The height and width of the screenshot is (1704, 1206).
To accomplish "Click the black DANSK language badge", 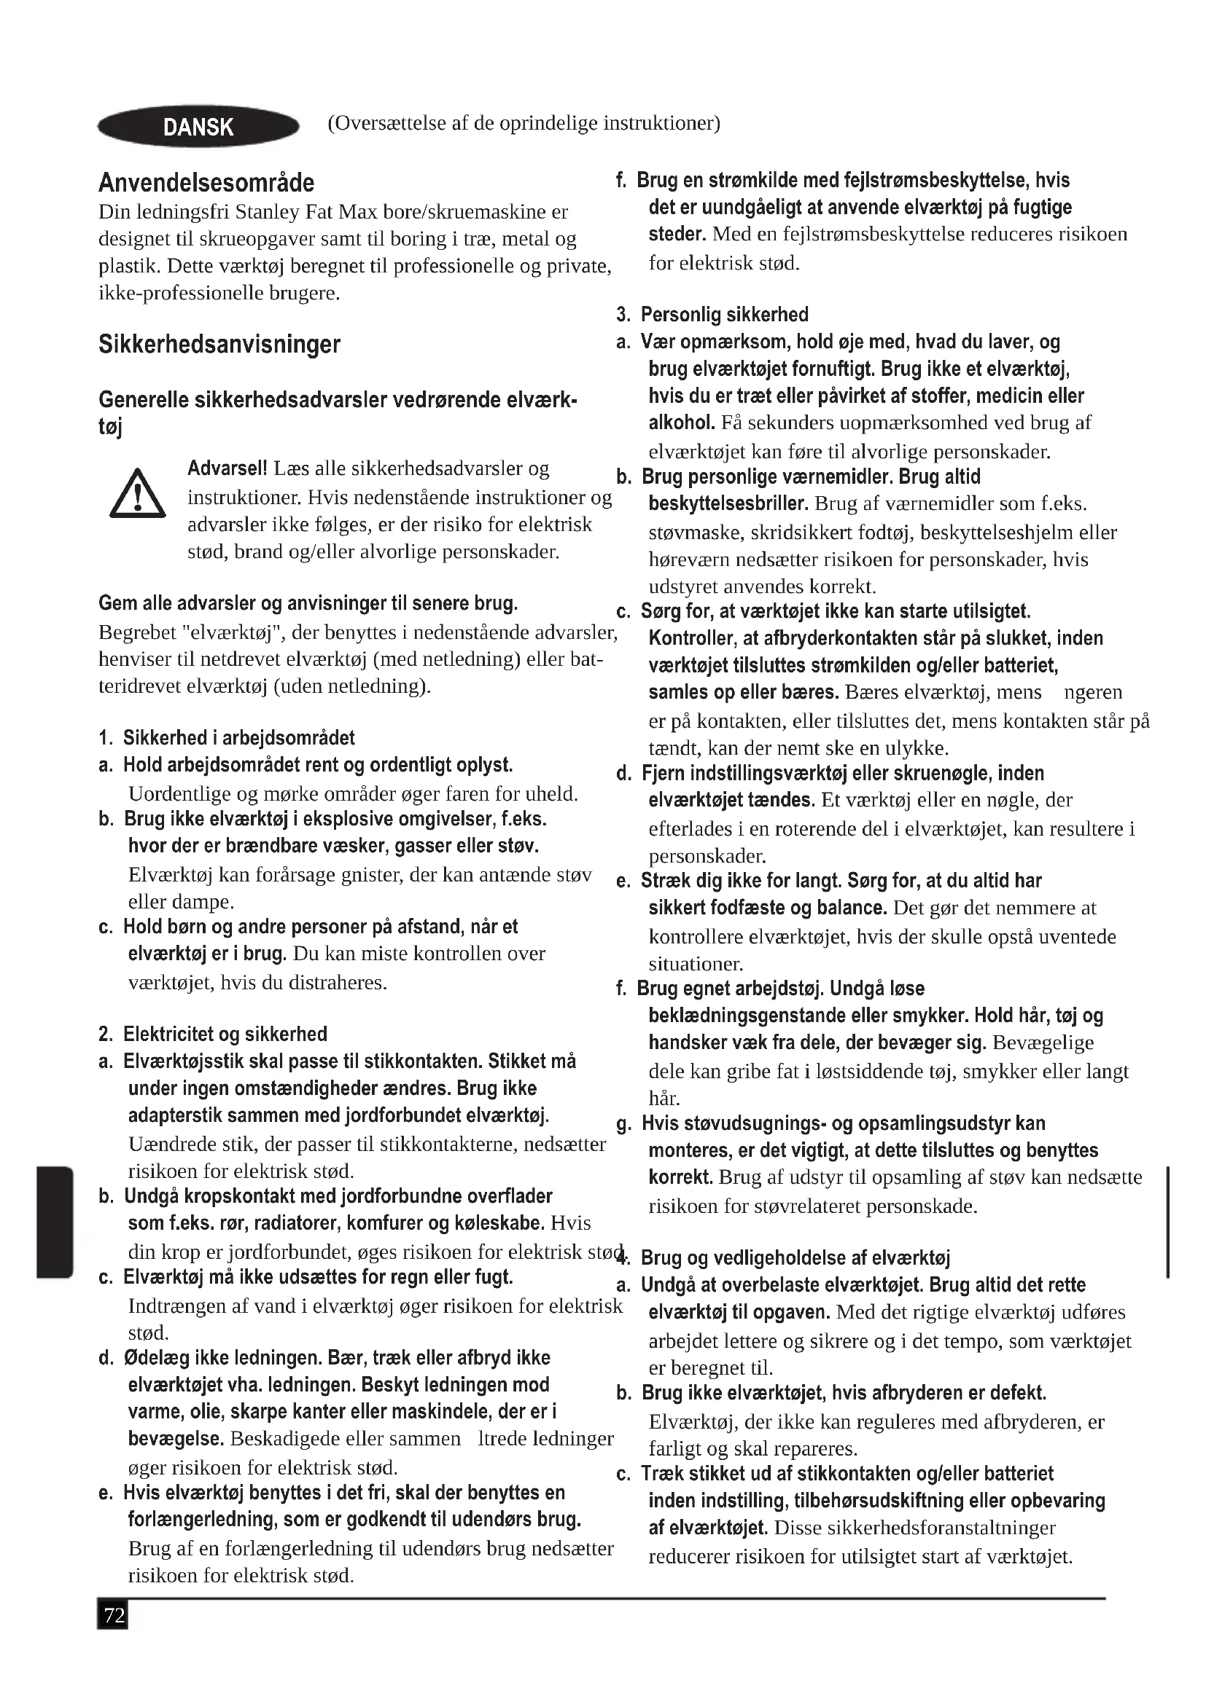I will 198,127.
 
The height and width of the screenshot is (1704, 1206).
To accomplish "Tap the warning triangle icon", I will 137,494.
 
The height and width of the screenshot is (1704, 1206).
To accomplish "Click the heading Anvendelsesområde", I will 206,183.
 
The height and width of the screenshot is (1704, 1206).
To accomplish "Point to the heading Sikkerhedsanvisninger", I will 219,345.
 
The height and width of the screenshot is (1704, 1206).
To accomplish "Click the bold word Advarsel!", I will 227,469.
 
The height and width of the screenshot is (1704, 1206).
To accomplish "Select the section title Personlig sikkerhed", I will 724,315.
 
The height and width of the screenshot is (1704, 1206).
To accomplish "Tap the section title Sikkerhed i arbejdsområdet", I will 238,738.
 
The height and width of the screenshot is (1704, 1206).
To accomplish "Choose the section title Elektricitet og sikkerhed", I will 225,1034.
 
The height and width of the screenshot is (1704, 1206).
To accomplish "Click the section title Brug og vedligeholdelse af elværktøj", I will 795,1258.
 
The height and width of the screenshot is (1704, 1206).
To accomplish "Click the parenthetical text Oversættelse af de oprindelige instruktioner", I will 524,123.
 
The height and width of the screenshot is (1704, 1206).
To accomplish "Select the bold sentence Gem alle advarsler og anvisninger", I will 308,603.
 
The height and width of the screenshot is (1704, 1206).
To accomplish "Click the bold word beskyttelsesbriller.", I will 728,504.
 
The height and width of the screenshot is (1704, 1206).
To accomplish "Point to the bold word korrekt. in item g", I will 680,1178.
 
